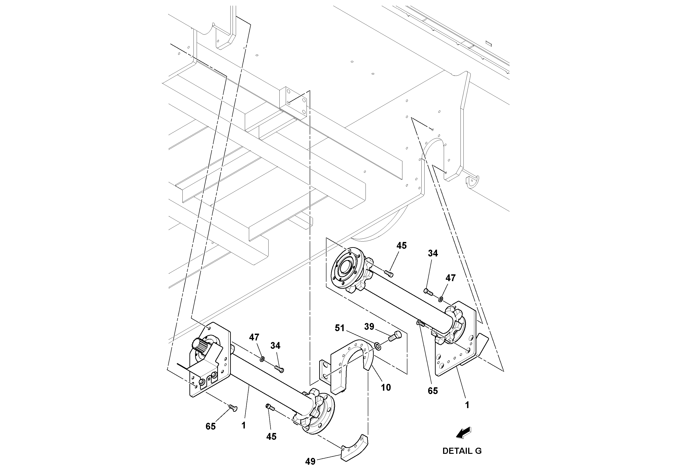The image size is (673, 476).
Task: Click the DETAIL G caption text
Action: point(462,451)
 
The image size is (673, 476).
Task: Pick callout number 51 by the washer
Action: point(340,328)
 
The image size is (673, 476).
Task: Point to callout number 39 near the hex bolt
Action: point(369,326)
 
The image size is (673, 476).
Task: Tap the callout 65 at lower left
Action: point(210,426)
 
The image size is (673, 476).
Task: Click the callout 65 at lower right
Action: point(433,391)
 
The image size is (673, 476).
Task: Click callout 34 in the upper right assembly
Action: point(433,253)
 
